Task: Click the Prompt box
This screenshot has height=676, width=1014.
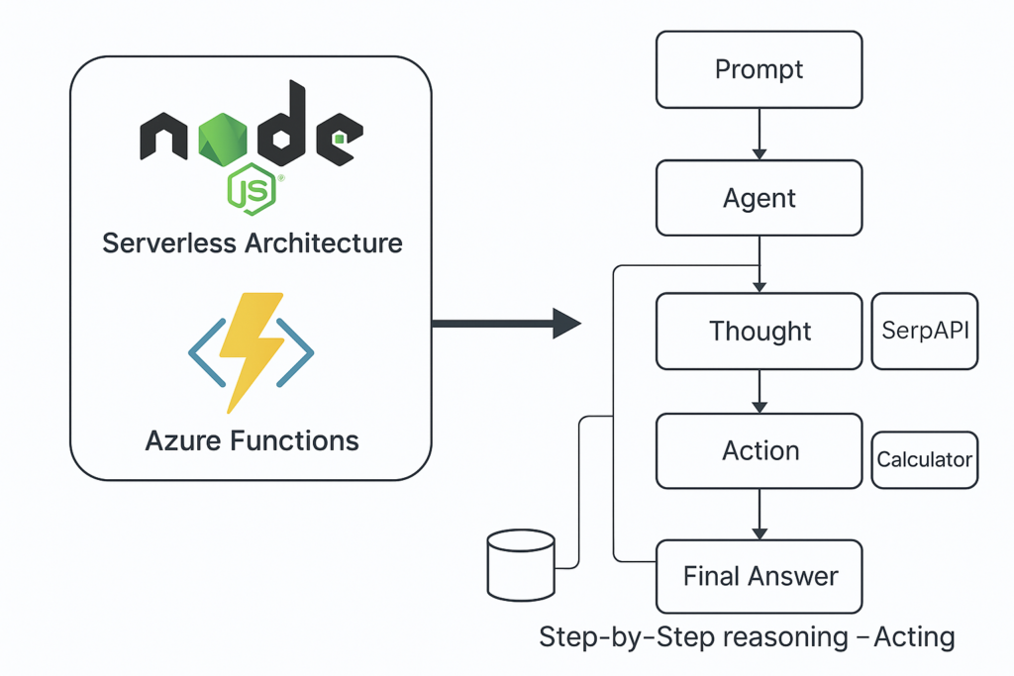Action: tap(760, 70)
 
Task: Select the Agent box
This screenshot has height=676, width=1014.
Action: tap(760, 198)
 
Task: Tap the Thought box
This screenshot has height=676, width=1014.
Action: tap(760, 331)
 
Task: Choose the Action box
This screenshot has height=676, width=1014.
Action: tap(760, 451)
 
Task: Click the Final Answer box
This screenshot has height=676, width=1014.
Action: tap(760, 576)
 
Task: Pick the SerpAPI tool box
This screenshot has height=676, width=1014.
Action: tap(925, 331)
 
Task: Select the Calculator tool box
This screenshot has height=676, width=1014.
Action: tap(925, 460)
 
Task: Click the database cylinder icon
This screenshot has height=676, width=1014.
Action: tap(522, 564)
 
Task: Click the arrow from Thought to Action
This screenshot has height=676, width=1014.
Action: tap(760, 391)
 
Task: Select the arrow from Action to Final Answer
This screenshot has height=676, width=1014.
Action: tap(760, 514)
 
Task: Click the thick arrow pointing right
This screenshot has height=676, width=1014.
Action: tap(505, 323)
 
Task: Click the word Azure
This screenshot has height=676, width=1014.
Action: tap(183, 439)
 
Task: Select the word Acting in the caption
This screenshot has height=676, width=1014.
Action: tap(914, 636)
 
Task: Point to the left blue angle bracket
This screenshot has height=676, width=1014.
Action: tap(203, 351)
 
